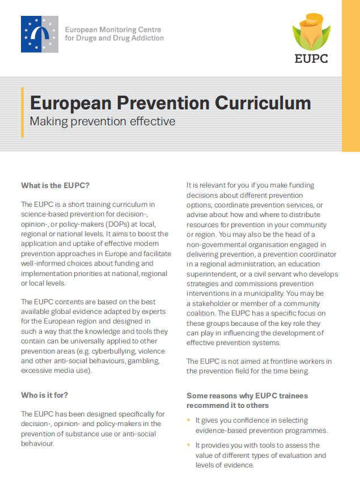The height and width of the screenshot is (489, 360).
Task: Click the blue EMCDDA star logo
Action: point(39,34)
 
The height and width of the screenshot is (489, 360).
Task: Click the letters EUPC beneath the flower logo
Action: point(311,58)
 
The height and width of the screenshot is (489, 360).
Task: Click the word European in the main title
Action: point(70,103)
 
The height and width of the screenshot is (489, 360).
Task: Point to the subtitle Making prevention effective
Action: point(103,121)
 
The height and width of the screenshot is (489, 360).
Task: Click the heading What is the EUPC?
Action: point(56,185)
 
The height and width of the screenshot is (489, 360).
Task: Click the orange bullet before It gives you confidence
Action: point(189,420)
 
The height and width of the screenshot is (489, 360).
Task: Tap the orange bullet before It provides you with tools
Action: point(189,445)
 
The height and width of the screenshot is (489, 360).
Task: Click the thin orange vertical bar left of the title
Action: point(23,112)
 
